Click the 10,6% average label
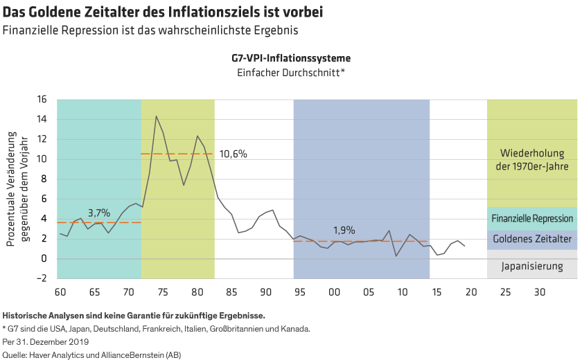(233, 154)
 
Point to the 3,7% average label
(99, 213)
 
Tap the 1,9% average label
(344, 230)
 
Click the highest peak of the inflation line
(156, 116)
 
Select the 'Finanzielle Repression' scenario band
(532, 218)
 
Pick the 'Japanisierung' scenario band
(532, 266)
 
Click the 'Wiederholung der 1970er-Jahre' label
(532, 160)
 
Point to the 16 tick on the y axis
(41, 100)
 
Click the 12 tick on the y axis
(41, 139)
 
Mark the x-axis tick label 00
(334, 291)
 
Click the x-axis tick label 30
(540, 291)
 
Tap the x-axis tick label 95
(299, 291)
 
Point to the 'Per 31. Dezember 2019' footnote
(46, 341)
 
